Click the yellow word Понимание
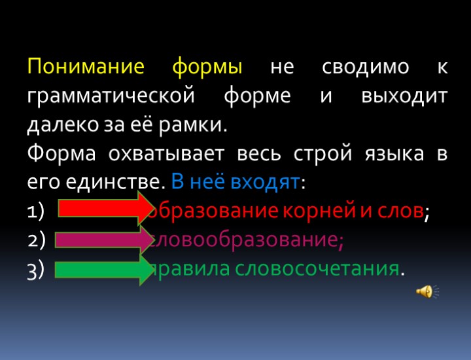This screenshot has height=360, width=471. click(x=86, y=67)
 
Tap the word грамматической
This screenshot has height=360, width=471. click(x=111, y=96)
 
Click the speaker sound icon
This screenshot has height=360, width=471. click(x=425, y=291)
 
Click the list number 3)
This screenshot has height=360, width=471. click(x=36, y=269)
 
